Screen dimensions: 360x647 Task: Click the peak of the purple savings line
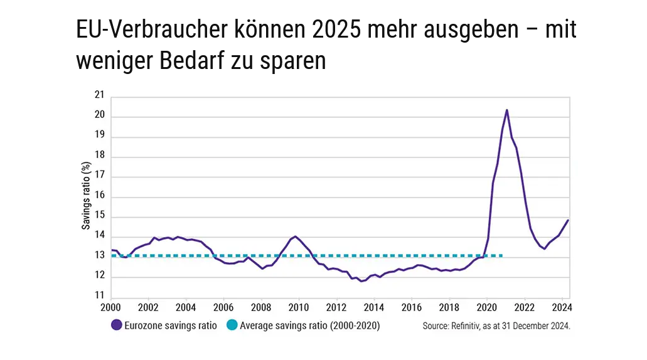pyautogui.click(x=506, y=110)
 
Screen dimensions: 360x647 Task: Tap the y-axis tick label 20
pyautogui.click(x=99, y=117)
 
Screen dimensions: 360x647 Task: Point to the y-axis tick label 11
pyautogui.click(x=99, y=296)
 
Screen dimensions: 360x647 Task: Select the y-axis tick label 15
pyautogui.click(x=99, y=217)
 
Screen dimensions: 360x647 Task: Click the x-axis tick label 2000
pyautogui.click(x=110, y=308)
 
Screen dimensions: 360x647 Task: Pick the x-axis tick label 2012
pyautogui.click(x=336, y=308)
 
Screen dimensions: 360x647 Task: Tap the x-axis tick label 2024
pyautogui.click(x=562, y=308)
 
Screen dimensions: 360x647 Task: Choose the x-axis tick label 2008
pyautogui.click(x=261, y=308)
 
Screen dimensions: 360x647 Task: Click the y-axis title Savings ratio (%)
pyautogui.click(x=86, y=196)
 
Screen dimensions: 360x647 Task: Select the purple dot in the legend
pyautogui.click(x=115, y=325)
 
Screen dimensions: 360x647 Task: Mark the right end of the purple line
pyautogui.click(x=568, y=220)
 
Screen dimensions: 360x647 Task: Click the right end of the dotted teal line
pyautogui.click(x=503, y=255)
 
